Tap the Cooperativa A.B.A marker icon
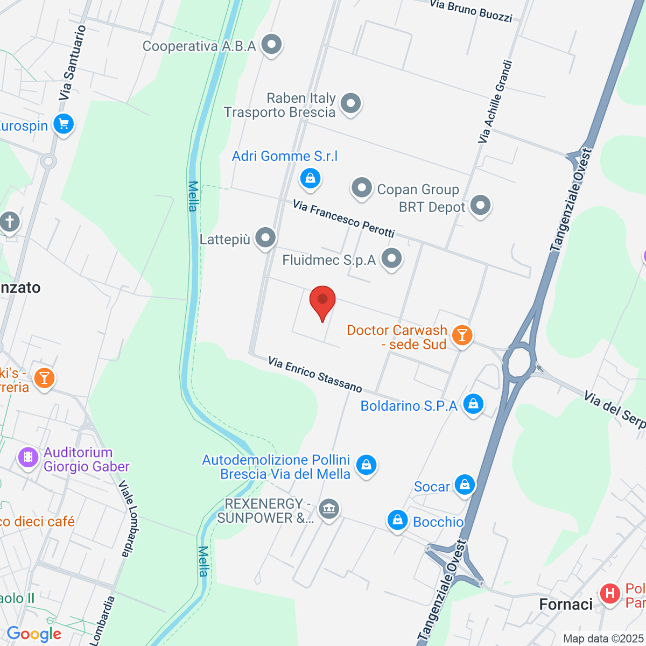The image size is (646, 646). [272, 45]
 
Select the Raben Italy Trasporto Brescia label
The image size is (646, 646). [280, 106]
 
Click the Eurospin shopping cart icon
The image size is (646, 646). [64, 125]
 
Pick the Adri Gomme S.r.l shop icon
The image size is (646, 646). [310, 178]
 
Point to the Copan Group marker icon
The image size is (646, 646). [362, 188]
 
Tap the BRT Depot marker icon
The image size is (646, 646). [480, 205]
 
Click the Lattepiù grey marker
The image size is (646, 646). [265, 237]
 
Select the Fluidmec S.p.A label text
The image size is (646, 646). [329, 261]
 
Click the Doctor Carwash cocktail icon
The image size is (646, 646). [461, 335]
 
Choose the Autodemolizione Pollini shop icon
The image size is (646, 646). [367, 464]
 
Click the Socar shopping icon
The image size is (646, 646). [465, 485]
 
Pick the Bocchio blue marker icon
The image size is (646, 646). [397, 520]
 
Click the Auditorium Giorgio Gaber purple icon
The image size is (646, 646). [28, 458]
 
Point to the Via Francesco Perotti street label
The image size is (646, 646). [344, 219]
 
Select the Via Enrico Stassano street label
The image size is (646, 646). [315, 374]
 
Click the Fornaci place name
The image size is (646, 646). [566, 605]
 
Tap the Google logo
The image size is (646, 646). [34, 634]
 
